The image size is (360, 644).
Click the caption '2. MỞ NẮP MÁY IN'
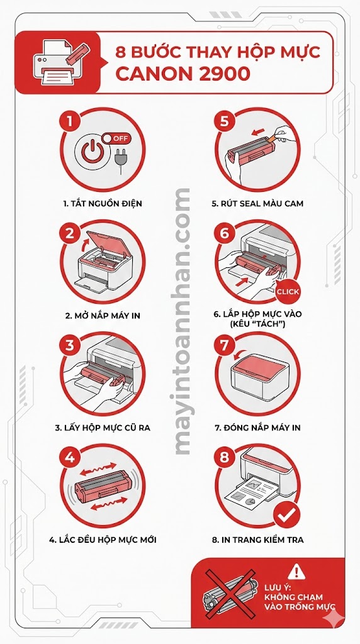103,315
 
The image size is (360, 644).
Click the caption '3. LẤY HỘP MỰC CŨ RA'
103,428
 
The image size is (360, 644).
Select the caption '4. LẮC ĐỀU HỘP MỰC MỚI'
103,540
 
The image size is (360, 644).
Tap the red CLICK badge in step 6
288,291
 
